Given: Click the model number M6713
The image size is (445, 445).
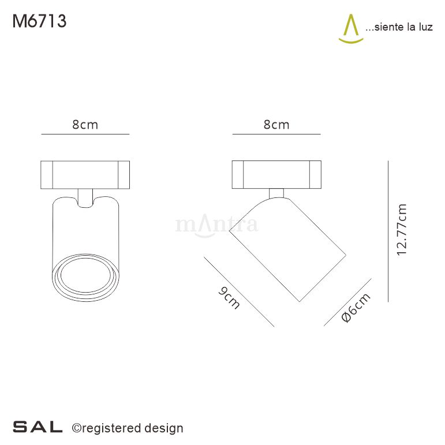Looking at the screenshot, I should [x=39, y=21].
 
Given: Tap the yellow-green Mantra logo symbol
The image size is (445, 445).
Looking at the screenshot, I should [x=350, y=29].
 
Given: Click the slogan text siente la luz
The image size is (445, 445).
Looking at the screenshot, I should [x=399, y=28].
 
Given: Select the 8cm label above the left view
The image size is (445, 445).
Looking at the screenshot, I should [x=85, y=125].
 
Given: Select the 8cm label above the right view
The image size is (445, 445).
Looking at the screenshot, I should [x=276, y=125].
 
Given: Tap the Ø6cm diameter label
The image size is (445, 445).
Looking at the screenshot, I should [x=355, y=308].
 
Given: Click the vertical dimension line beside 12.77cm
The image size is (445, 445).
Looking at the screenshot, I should [x=388, y=231].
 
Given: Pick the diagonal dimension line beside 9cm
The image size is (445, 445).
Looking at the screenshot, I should [x=239, y=291].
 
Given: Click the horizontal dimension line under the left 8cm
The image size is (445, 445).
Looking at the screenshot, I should [x=85, y=134].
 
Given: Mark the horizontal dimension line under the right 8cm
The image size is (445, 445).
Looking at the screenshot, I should [x=276, y=134].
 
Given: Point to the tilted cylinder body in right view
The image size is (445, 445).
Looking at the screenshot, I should [x=287, y=248].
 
